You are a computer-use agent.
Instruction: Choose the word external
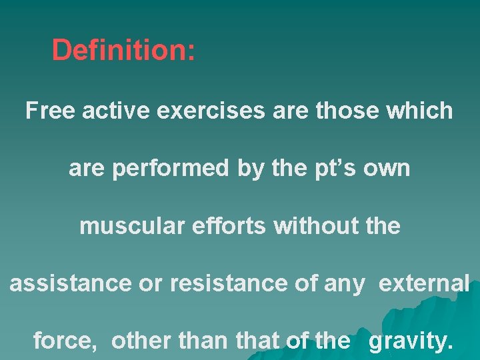pyautogui.click(x=424, y=284)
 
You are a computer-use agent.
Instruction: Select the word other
pyautogui.click(x=141, y=341)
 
